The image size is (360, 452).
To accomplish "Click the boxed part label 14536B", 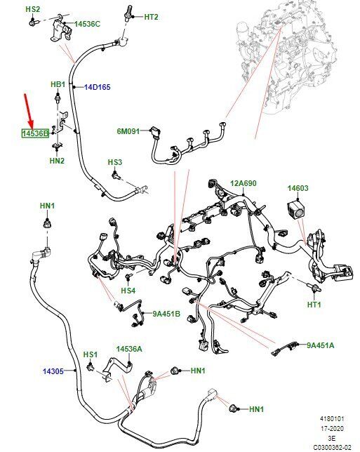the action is (36, 133).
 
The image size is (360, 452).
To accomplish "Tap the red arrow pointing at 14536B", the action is (29, 111).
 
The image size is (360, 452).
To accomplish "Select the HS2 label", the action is (32, 9).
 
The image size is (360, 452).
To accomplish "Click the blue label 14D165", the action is (98, 87).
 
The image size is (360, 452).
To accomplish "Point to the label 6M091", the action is (128, 131).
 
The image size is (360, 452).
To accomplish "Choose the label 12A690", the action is (244, 183).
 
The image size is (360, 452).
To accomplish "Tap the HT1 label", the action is (314, 305).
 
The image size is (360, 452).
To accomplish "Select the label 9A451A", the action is (321, 345).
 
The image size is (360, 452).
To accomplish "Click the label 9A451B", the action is (166, 314).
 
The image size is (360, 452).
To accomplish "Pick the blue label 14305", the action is (53, 371).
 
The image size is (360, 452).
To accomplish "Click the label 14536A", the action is (129, 349).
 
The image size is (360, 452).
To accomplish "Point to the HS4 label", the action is (128, 291).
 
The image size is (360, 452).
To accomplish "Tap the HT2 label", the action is (151, 17).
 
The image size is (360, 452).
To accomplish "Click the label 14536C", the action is (87, 24).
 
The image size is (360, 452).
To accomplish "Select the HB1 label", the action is (58, 84).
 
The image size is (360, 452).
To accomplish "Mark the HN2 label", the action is (57, 161).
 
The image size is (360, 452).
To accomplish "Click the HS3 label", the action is (115, 162).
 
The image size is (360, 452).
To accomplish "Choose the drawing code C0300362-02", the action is (333, 448).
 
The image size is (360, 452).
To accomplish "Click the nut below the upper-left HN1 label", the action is (47, 223).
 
